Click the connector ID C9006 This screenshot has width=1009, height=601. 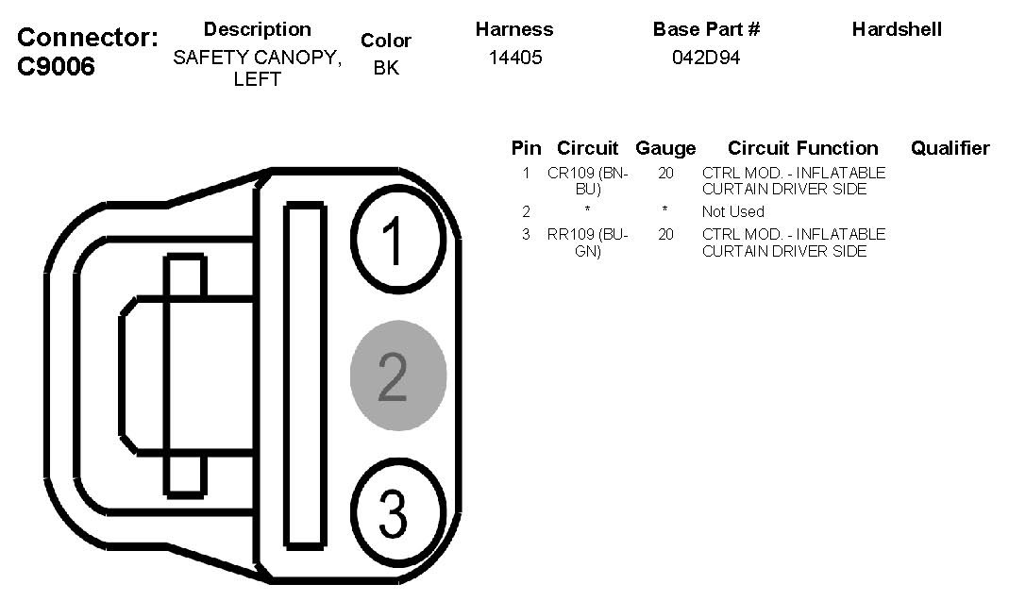coord(57,67)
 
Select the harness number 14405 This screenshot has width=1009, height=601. coord(515,58)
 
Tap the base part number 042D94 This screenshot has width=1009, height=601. coord(706,58)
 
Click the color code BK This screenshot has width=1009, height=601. coord(386,68)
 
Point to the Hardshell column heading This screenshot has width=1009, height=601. coord(896,29)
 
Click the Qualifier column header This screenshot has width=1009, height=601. coord(950,148)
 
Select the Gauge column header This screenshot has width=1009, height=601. coord(665,148)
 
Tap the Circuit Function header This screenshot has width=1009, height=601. coord(802,148)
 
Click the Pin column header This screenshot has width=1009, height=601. coord(526,148)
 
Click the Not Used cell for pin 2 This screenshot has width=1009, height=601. coord(732,211)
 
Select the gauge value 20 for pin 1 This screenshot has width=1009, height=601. coord(665,174)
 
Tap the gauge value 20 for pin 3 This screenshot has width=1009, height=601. coord(665,234)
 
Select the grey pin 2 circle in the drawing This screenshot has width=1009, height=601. coord(397,376)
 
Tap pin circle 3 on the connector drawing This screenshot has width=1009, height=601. coord(396,511)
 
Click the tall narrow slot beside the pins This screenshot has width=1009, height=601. coord(305,375)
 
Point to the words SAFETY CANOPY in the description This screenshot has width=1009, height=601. coord(257,58)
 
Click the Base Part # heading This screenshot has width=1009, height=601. coord(706,29)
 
